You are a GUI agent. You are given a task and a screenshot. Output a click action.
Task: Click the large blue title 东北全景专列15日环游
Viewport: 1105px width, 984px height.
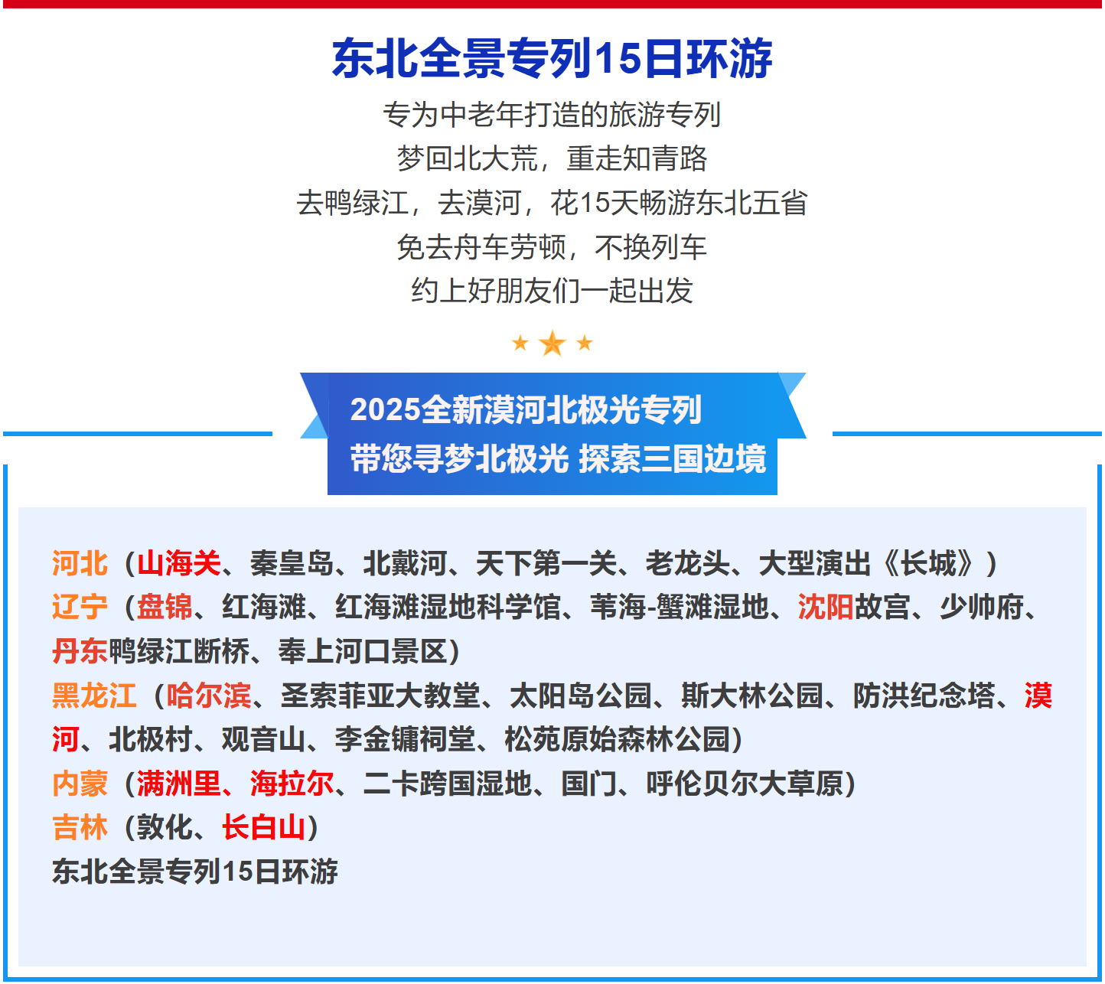(x=552, y=59)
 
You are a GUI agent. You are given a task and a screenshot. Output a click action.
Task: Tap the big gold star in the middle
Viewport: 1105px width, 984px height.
(x=552, y=344)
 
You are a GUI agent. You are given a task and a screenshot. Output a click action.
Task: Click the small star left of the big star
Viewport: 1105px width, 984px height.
(x=520, y=343)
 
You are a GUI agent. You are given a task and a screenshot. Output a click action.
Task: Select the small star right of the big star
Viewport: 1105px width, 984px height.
(x=585, y=343)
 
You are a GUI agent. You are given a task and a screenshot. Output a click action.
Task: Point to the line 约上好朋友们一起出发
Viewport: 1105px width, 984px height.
(x=552, y=292)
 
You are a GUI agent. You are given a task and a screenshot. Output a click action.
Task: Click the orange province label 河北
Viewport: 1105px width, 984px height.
(x=80, y=564)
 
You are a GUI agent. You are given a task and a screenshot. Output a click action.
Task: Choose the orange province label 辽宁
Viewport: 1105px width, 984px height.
(x=80, y=608)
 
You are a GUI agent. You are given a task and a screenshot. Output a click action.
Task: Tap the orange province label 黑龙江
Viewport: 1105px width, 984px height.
(x=93, y=696)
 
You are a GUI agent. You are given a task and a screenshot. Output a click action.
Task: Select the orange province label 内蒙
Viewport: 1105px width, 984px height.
(x=80, y=784)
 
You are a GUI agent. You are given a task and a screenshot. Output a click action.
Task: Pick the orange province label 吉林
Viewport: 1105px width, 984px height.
(x=80, y=827)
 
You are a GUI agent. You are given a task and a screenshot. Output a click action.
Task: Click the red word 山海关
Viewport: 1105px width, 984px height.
(x=179, y=564)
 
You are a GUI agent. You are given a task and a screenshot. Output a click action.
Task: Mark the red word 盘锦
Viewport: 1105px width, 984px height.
(x=165, y=608)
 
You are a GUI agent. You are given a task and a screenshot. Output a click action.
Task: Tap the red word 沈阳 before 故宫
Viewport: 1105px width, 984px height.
(x=825, y=608)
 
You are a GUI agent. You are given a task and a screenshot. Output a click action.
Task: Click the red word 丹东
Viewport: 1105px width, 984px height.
(x=80, y=652)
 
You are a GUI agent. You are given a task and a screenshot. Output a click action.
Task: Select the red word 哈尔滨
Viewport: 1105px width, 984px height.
(x=209, y=696)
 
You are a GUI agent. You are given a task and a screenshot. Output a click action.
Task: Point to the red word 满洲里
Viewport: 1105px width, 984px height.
(x=179, y=784)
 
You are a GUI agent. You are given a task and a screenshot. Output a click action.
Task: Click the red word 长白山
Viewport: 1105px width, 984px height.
(x=264, y=827)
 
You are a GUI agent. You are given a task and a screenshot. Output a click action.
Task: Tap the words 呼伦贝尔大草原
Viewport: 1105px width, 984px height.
(x=744, y=784)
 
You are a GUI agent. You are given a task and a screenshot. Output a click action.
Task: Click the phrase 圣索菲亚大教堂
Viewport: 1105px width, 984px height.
(x=380, y=696)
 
